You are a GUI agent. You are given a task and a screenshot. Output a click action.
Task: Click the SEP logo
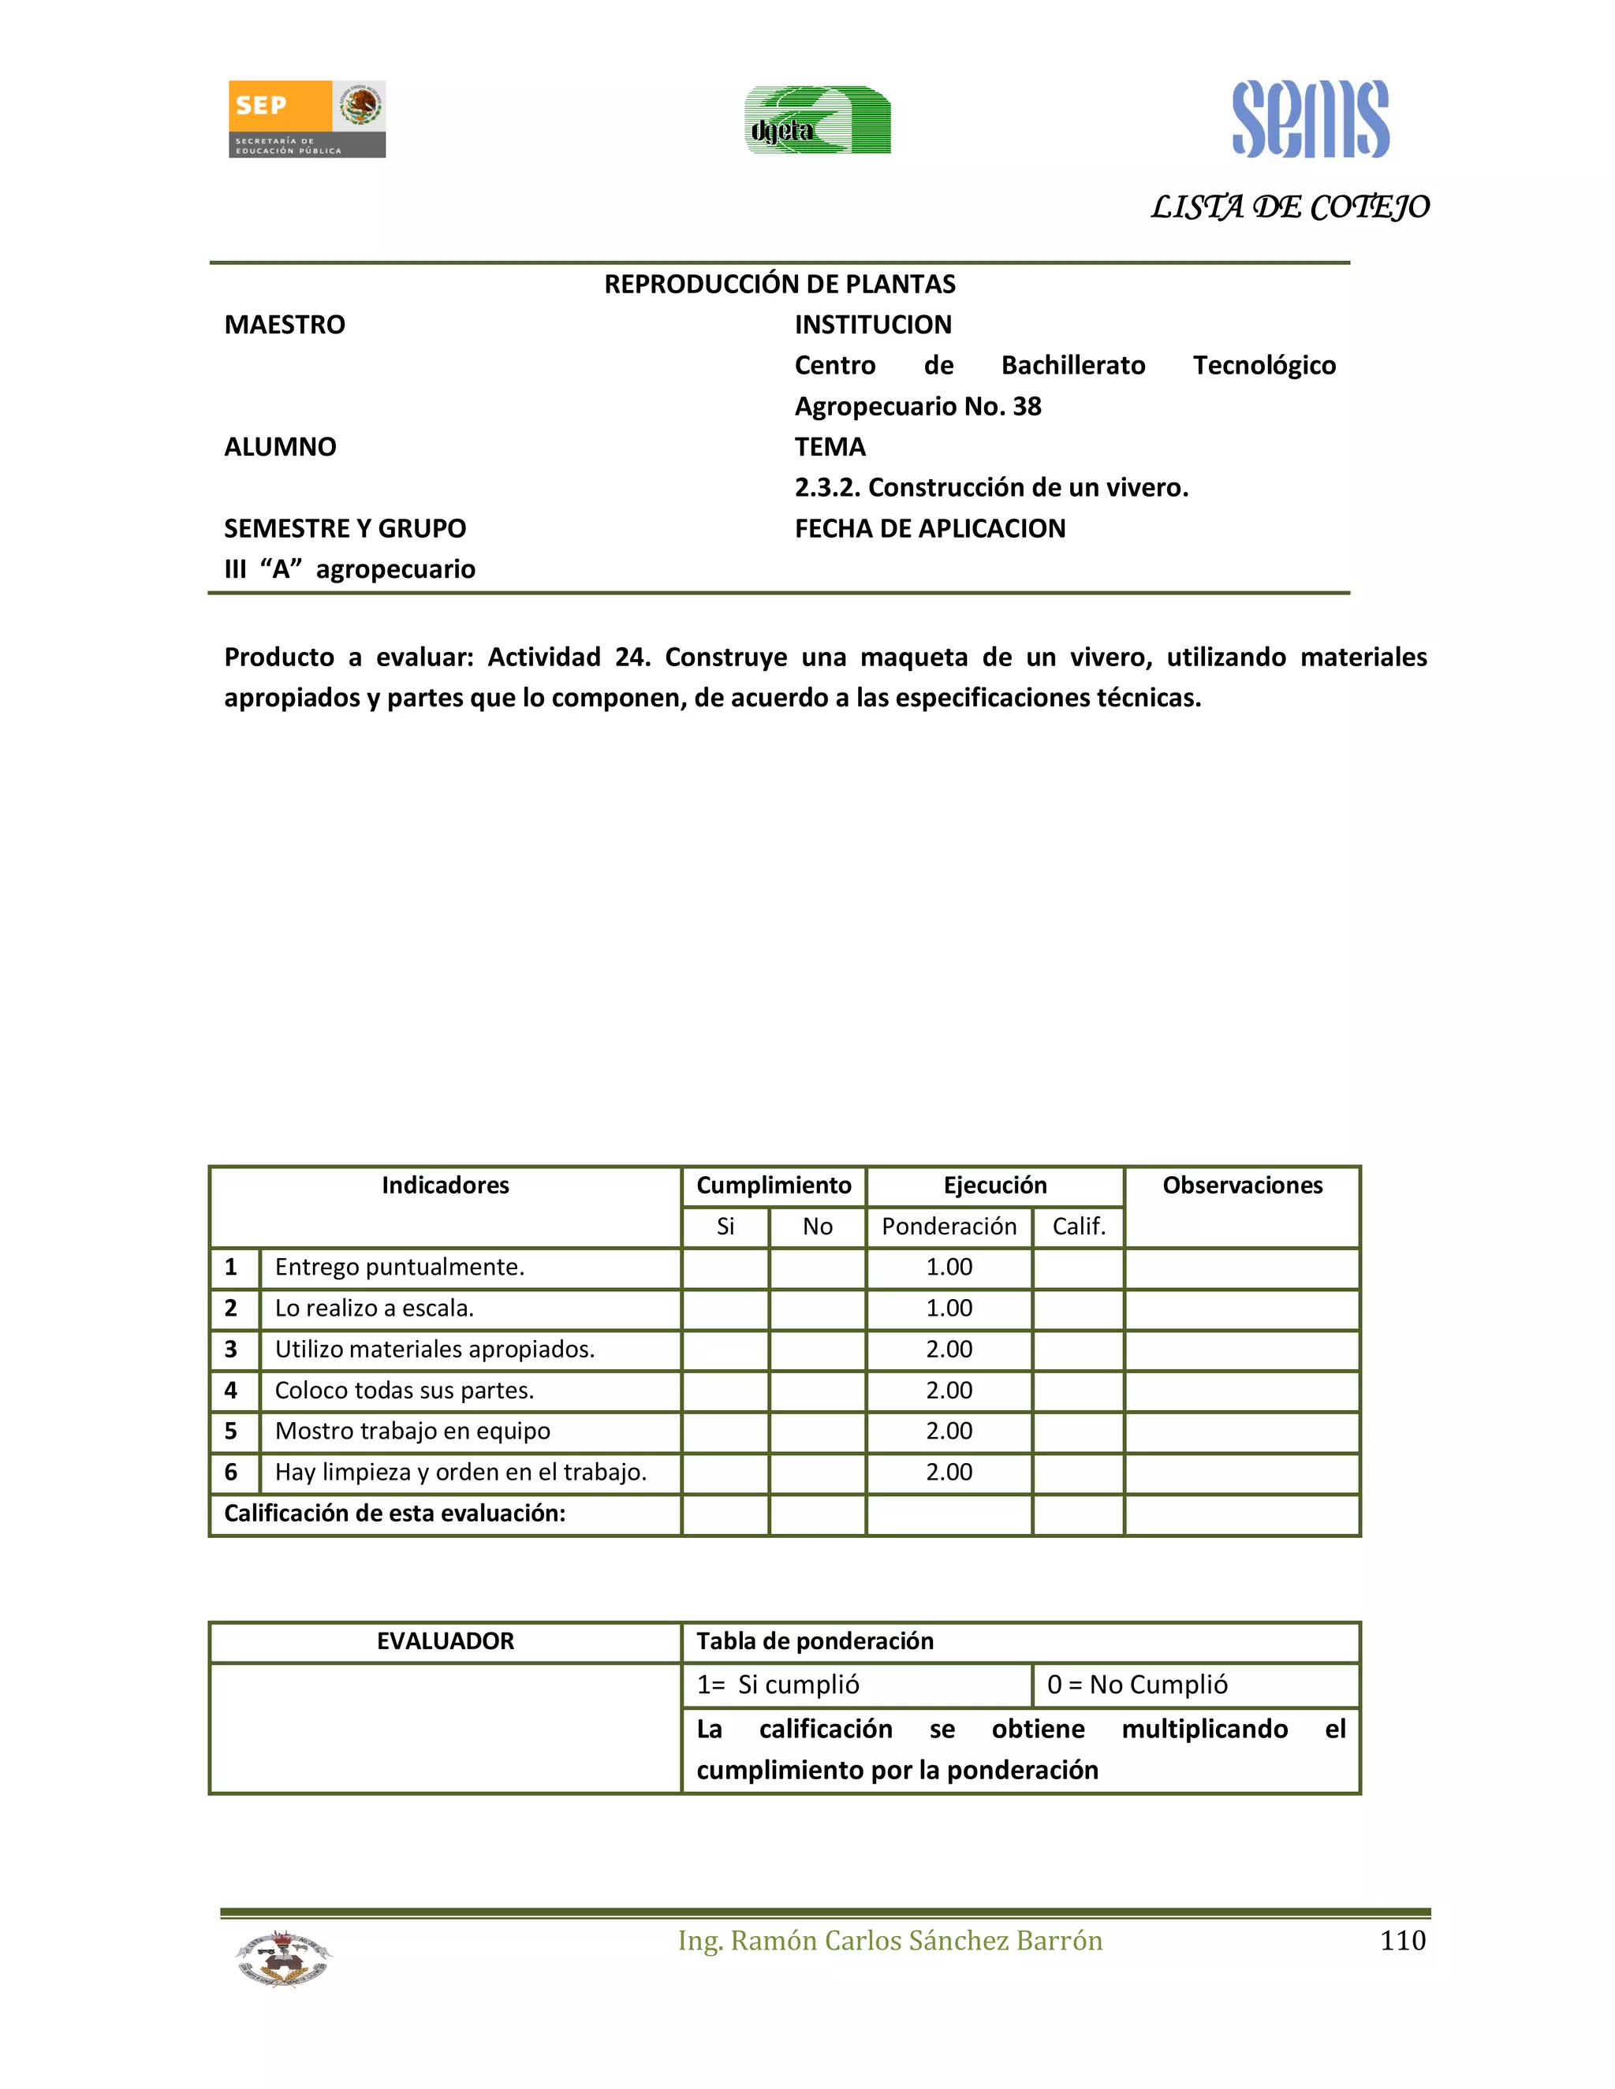pyautogui.click(x=306, y=118)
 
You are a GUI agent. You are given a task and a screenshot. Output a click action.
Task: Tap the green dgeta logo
pyautogui.click(x=817, y=121)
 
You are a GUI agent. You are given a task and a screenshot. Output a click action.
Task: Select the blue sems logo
pyautogui.click(x=1310, y=120)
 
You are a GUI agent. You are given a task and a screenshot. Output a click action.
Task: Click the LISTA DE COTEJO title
pyautogui.click(x=1289, y=207)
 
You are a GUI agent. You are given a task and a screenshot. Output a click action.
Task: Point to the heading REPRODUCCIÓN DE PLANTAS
pyautogui.click(x=779, y=284)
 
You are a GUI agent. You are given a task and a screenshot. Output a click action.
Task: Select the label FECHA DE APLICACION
pyautogui.click(x=929, y=529)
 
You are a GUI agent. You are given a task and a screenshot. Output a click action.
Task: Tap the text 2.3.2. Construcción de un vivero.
pyautogui.click(x=990, y=488)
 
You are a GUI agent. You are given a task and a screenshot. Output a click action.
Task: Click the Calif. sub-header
pyautogui.click(x=1078, y=1227)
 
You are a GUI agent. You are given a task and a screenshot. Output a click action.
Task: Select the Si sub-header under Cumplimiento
pyautogui.click(x=725, y=1227)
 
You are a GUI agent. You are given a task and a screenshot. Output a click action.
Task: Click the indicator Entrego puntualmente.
pyautogui.click(x=399, y=1268)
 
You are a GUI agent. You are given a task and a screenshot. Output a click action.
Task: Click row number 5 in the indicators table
pyautogui.click(x=230, y=1431)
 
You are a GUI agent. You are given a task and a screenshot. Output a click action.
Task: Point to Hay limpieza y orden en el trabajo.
pyautogui.click(x=461, y=1472)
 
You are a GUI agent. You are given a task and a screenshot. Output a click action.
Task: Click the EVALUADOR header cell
pyautogui.click(x=445, y=1641)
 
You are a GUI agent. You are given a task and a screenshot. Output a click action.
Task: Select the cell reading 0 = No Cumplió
pyautogui.click(x=1136, y=1685)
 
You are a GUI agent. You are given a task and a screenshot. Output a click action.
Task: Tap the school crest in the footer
pyautogui.click(x=283, y=1958)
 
